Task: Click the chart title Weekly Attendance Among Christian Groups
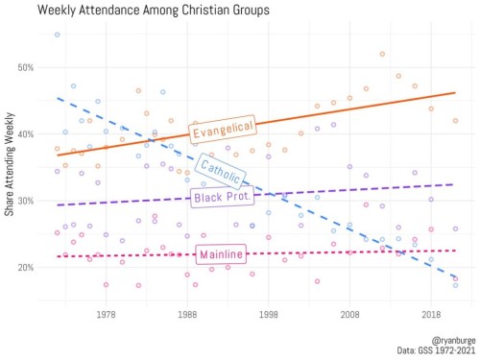pos(154,10)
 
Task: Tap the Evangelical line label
pos(223,130)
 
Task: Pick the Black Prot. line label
pos(222,197)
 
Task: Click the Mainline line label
pos(221,254)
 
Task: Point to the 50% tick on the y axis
pos(26,67)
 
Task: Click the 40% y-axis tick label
pos(26,134)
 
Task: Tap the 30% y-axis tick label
pos(26,201)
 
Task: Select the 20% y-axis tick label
pos(26,268)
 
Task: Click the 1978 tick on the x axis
pos(106,315)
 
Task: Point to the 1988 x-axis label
pos(187,315)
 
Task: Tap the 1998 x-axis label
pos(269,315)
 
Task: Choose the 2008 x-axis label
pos(349,315)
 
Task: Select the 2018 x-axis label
pos(431,315)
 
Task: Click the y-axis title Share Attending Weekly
pos(10,164)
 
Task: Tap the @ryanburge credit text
pos(453,340)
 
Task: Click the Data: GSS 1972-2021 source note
pos(436,350)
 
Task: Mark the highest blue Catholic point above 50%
pos(57,35)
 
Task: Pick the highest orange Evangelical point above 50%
pos(382,54)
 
